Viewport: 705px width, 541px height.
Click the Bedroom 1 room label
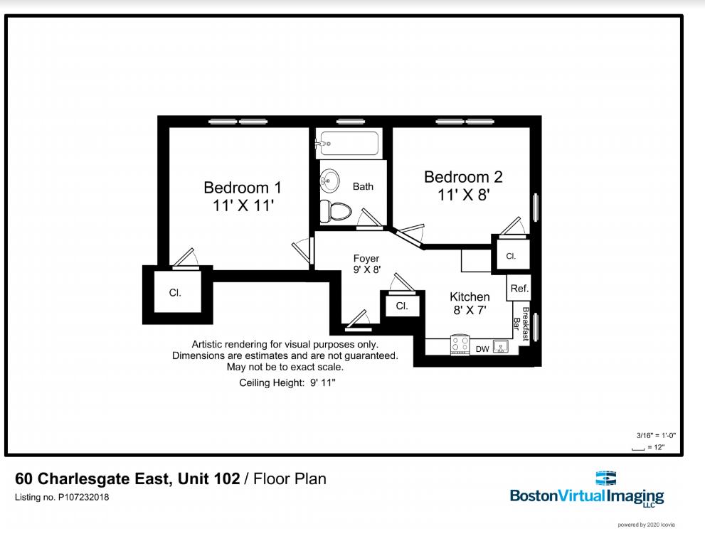(x=243, y=196)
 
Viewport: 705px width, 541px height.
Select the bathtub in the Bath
(x=349, y=143)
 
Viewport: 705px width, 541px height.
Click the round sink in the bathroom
(x=329, y=181)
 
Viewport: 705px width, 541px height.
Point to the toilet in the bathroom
(x=334, y=210)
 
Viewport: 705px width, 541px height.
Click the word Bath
(x=363, y=187)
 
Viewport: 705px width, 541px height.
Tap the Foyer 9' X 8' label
(x=366, y=264)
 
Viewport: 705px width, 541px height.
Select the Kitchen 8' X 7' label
(x=470, y=303)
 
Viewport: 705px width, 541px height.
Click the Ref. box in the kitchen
(x=519, y=289)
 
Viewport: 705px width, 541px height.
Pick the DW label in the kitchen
(x=482, y=348)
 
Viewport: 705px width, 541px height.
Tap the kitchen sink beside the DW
(x=501, y=347)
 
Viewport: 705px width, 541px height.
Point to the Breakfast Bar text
(x=521, y=323)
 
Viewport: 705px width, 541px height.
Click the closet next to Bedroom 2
(x=511, y=256)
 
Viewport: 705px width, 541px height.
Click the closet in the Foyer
(x=402, y=306)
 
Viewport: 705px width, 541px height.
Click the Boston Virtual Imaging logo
(x=587, y=488)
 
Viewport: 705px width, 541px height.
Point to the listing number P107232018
(x=62, y=498)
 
